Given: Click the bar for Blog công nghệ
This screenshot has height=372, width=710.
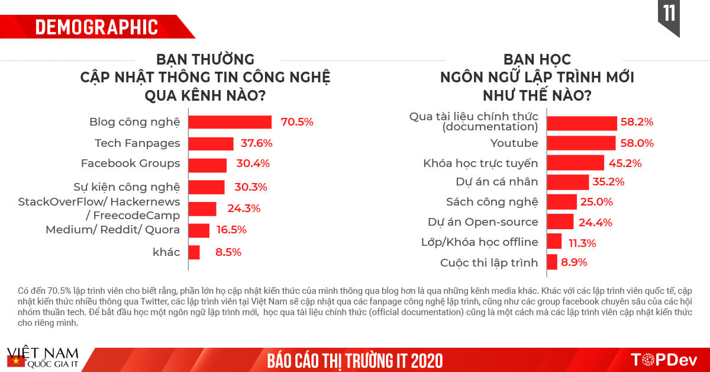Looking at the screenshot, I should pos(230,122).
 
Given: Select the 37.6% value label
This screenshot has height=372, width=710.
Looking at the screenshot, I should pos(256,143).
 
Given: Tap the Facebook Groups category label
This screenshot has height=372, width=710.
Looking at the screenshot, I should pos(130,163).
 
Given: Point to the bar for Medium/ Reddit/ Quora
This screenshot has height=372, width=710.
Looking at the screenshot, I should pos(199,230).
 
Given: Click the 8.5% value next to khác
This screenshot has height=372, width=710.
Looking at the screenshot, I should pos(228,252).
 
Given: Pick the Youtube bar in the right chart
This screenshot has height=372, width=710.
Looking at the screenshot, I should pos(582,143).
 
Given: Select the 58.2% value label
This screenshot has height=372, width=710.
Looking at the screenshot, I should pos(637,123).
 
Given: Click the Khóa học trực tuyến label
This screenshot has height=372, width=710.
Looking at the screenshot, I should pos(480,163).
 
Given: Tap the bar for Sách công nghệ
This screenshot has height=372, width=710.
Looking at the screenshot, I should pos(561,202).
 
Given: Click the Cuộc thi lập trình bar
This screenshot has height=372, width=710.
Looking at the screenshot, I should pos(552,262).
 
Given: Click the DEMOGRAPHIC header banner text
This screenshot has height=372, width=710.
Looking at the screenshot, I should pos(96,27).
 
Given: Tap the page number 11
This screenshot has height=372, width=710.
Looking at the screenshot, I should pos(669,13).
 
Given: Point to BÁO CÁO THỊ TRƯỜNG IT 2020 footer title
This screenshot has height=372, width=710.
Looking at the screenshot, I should pos(354,360).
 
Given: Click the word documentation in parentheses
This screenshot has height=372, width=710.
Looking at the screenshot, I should pos(490,127).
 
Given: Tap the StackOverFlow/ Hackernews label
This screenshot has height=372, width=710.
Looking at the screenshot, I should pos(99,202).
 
